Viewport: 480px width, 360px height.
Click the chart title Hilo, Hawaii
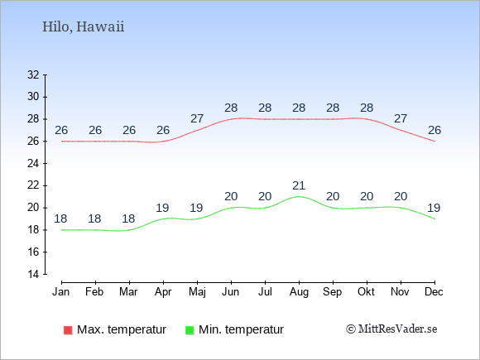84,26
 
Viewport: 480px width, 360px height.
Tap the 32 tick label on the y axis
33,74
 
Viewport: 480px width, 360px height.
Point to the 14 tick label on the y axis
33,274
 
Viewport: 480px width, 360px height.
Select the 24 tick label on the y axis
33,164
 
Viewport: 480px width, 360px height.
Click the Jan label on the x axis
61,292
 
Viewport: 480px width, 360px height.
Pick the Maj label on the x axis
197,292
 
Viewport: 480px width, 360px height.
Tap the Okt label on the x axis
366,292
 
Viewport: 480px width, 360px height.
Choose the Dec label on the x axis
434,292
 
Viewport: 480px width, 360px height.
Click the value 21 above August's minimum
299,185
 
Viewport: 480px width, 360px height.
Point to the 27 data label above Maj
197,118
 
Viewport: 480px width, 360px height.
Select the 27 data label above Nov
401,118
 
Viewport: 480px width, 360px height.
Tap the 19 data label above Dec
434,209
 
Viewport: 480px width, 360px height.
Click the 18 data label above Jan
60,218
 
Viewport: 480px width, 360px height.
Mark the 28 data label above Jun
231,108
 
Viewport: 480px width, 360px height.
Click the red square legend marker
68,330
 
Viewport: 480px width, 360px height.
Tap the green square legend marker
190,330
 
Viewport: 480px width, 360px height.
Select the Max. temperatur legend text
122,329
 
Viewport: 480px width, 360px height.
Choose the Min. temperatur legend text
241,329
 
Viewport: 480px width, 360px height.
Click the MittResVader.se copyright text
391,329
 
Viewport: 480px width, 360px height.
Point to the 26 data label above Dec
434,131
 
